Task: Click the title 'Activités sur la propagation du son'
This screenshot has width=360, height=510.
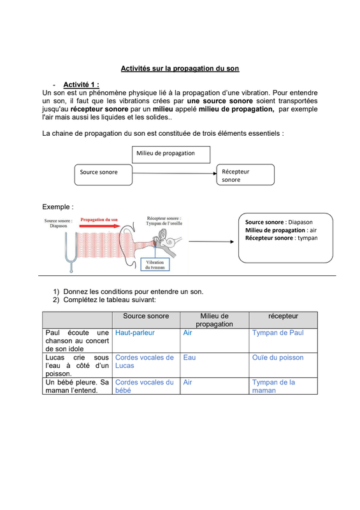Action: [x=180, y=68]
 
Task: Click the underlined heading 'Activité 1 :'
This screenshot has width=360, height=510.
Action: [x=81, y=85]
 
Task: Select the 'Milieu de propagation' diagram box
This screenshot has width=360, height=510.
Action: [x=171, y=154]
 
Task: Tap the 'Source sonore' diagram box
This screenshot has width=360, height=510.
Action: [x=103, y=175]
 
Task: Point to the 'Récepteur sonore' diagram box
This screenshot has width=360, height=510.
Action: [x=245, y=175]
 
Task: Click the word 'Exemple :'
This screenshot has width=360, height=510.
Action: [x=58, y=207]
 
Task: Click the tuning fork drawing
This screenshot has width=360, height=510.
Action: [x=71, y=251]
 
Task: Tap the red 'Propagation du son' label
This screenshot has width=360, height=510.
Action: [x=99, y=219]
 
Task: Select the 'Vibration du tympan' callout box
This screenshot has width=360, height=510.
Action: [x=155, y=265]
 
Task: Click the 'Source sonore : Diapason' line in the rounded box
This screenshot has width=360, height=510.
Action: [x=278, y=222]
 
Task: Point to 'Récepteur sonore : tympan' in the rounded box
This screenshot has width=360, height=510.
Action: [x=281, y=238]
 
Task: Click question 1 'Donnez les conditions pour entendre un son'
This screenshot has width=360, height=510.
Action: [x=128, y=291]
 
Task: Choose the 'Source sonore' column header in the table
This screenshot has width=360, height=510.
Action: [x=146, y=316]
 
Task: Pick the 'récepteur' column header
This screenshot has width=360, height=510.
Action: [x=284, y=316]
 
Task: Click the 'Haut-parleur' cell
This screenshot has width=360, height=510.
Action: [x=135, y=333]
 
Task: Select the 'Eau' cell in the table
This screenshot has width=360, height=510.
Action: [x=189, y=358]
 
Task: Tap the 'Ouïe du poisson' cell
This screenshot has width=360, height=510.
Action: [x=278, y=358]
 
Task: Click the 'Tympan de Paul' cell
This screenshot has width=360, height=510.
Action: [x=278, y=333]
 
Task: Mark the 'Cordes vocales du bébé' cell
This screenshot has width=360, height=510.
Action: [x=145, y=386]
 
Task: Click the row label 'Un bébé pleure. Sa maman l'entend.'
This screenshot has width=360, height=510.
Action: [x=77, y=386]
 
